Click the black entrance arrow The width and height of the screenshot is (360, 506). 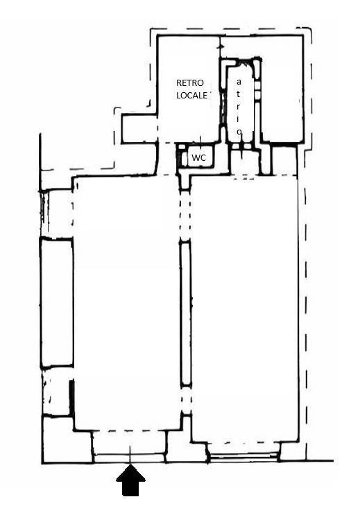130,480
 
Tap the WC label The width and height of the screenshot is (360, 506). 198,158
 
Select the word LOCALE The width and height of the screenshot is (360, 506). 191,96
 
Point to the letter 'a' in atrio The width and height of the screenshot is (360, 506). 239,82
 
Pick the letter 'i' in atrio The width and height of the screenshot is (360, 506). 239,119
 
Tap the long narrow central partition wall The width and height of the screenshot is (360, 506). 185,313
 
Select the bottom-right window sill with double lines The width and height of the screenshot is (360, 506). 243,455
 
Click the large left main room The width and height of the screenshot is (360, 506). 126,304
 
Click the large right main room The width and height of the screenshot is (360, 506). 244,308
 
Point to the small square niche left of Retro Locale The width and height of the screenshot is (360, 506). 139,129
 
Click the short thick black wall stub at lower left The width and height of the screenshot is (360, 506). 71,397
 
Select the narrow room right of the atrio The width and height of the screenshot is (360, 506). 282,89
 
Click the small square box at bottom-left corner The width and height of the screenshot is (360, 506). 67,440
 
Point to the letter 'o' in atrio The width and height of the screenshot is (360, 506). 239,131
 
